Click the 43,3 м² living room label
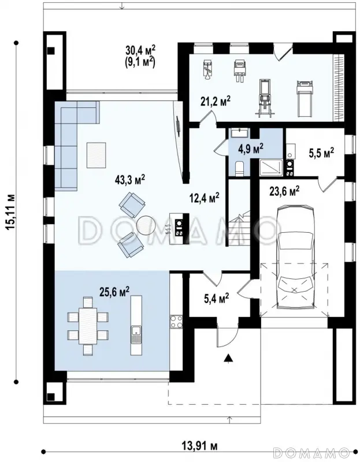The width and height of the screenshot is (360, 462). pyautogui.click(x=130, y=180)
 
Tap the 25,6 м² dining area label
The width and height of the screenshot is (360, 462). pyautogui.click(x=114, y=292)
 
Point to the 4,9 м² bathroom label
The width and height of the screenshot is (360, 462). pyautogui.click(x=251, y=148)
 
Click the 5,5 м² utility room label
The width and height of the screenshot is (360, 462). pyautogui.click(x=321, y=153)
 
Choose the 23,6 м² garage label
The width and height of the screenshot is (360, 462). pyautogui.click(x=284, y=191)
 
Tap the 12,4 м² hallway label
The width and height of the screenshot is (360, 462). pyautogui.click(x=205, y=198)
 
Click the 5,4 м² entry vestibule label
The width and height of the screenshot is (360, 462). pyautogui.click(x=217, y=298)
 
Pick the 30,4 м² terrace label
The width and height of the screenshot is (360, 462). pyautogui.click(x=140, y=50)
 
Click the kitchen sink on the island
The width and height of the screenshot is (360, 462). pyautogui.click(x=136, y=334)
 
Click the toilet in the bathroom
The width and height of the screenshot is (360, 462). pyautogui.click(x=239, y=168)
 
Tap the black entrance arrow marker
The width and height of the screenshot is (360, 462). pyautogui.click(x=228, y=358)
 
